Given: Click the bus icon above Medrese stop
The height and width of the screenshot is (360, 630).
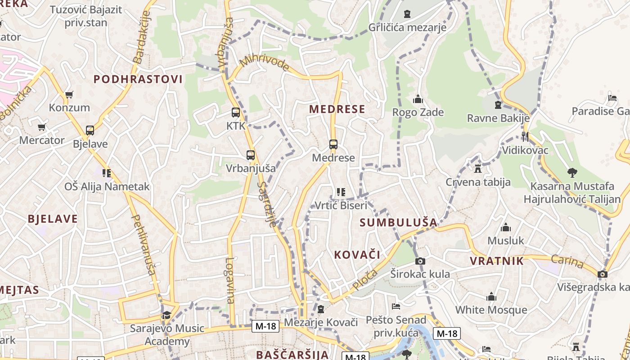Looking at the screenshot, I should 333,144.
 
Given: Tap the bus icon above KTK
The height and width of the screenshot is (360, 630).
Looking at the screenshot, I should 235,112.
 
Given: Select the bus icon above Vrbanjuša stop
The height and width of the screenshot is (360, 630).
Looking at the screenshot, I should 251,155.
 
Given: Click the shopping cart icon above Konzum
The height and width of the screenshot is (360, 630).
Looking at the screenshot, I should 69,94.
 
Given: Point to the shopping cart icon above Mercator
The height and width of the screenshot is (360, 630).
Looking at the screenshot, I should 42,127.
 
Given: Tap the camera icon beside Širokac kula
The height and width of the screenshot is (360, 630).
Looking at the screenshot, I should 420,261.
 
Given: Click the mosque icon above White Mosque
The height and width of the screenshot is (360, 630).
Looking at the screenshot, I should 491,297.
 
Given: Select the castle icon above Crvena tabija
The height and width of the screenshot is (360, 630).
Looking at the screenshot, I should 478,169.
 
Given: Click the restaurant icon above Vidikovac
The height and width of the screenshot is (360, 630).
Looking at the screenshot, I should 525,136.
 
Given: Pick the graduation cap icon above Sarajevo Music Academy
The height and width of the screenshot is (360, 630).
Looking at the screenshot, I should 167,315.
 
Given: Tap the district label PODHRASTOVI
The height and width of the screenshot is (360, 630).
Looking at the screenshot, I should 138,80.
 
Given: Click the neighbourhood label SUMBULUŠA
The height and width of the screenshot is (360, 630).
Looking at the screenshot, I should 399,222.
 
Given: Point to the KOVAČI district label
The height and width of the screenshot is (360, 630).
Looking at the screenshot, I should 357,255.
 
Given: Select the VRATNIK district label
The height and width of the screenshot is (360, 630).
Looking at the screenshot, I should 497,261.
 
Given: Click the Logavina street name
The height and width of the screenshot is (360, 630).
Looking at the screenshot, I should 230,280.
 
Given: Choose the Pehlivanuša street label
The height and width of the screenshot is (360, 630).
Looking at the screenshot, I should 144,245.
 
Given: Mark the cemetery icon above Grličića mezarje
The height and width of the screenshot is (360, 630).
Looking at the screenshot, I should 407,14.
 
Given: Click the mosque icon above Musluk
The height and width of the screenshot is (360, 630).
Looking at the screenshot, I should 506,227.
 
